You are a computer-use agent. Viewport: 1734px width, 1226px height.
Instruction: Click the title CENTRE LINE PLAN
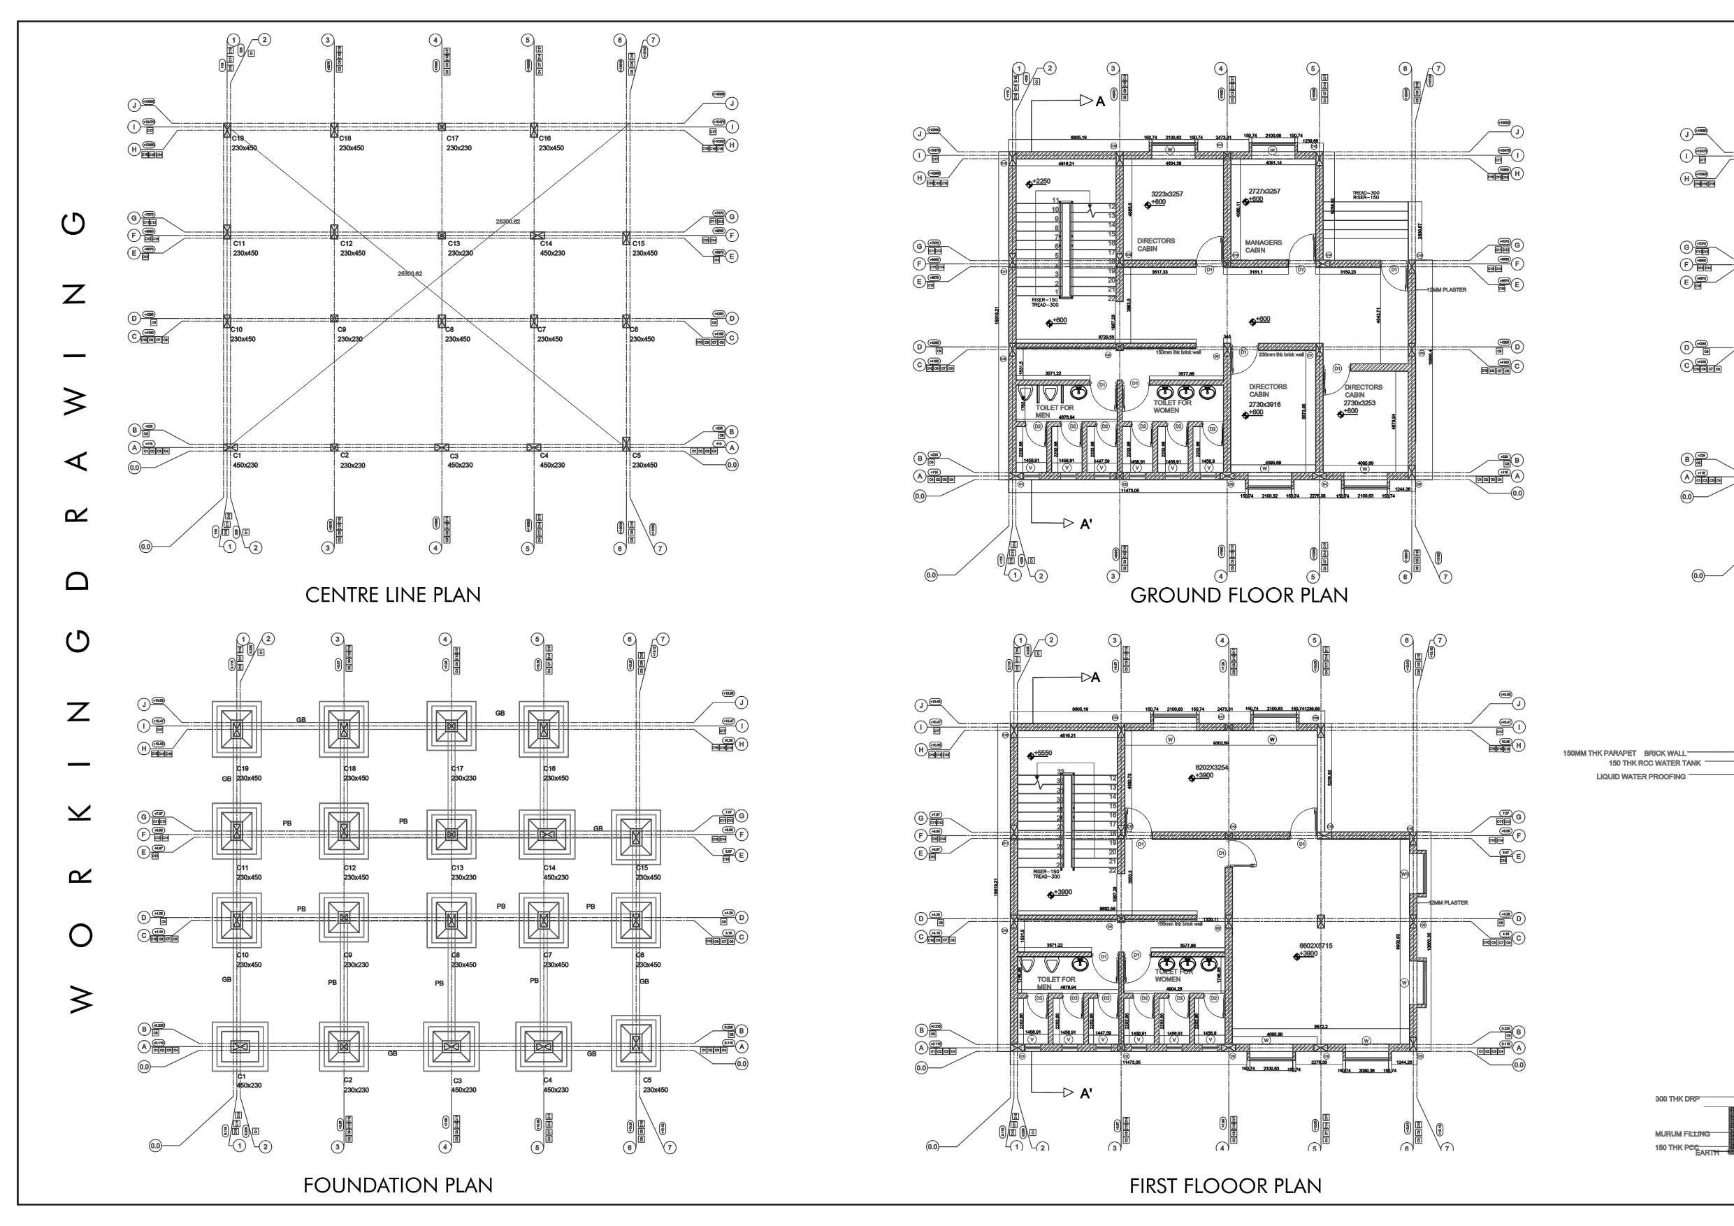pos(393,595)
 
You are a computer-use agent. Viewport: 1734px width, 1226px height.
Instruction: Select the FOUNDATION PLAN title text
pos(397,1185)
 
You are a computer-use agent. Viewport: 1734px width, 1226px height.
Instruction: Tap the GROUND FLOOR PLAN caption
pos(1238,596)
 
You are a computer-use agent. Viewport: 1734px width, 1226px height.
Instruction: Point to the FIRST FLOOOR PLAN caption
pos(1225,1186)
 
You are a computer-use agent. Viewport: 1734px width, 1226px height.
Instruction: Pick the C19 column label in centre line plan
pos(238,139)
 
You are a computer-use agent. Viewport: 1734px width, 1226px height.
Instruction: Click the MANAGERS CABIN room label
pos(1263,246)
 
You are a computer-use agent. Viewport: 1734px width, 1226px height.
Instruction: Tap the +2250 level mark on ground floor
pos(1041,181)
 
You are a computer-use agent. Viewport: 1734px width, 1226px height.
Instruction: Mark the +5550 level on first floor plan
pos(1041,753)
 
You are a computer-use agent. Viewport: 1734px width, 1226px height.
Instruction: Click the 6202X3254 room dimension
pos(1211,767)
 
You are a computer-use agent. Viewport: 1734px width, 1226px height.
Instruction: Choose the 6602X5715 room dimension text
pos(1315,946)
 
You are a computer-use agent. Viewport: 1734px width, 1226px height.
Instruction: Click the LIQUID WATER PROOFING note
pos(1640,777)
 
